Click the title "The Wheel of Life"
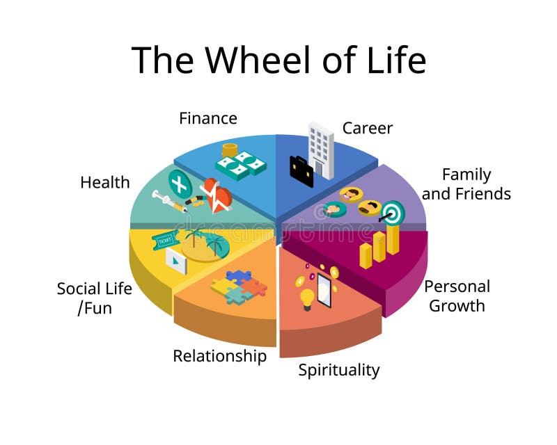click(278, 60)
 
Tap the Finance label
click(207, 118)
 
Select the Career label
click(367, 128)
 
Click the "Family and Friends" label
click(466, 184)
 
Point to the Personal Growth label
click(457, 296)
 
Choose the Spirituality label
click(339, 370)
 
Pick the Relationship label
click(219, 356)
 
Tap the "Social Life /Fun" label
click(94, 298)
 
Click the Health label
click(105, 182)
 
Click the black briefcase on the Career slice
click(301, 171)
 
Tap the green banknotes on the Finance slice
click(240, 165)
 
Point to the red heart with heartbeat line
click(217, 195)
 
